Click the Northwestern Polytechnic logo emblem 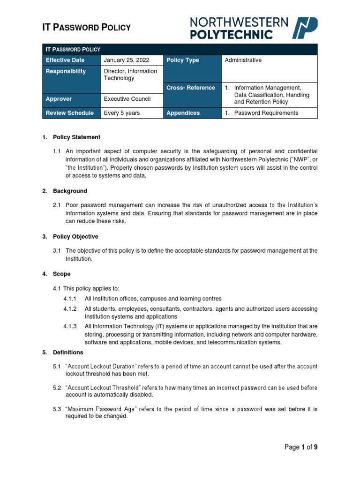tap(305, 28)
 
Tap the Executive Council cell tap(127, 99)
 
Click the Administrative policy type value tap(243, 60)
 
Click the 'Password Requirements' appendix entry tap(266, 113)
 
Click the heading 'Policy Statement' tap(76, 137)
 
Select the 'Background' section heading tap(70, 191)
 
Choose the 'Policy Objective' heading tap(75, 237)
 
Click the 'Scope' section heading tap(62, 274)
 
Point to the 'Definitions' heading tap(68, 352)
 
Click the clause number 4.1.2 tap(70, 309)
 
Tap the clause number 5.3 tap(57, 409)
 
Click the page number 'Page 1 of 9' tap(301, 447)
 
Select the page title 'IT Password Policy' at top tap(87, 28)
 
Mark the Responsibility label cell tap(66, 72)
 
